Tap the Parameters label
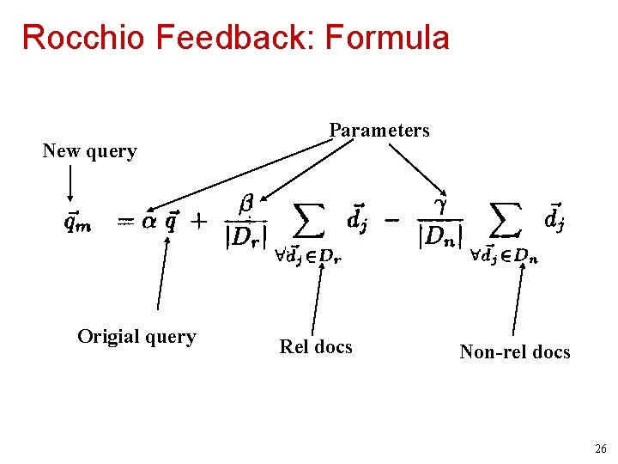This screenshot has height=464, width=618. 379,131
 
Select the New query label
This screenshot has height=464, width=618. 90,151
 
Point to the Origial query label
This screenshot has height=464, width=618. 136,337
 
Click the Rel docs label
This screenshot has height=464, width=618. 316,346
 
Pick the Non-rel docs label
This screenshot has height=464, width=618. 515,351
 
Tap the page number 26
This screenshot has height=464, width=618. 599,449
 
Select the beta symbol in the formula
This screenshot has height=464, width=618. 245,205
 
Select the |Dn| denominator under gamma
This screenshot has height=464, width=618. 441,235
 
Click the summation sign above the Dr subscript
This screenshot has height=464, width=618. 309,221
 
